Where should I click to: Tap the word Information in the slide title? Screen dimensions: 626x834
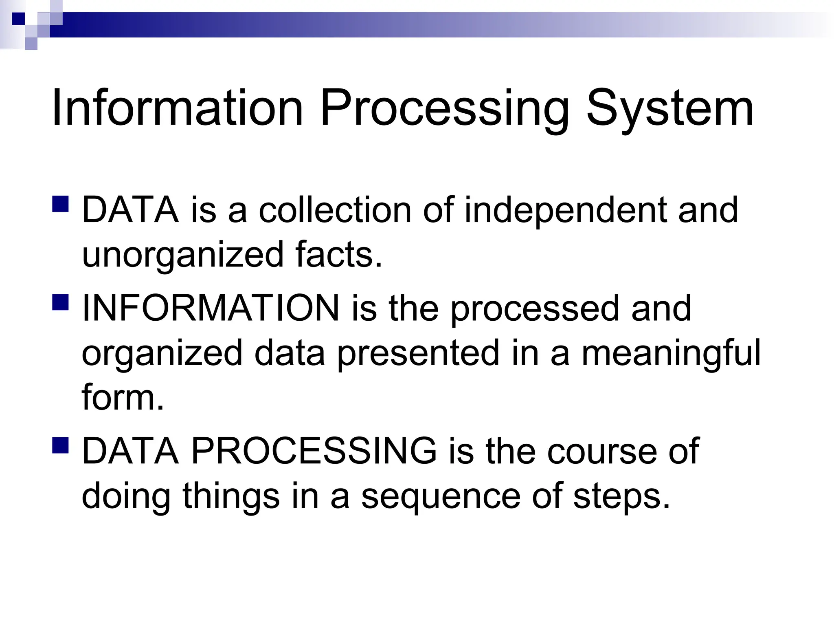[x=177, y=108]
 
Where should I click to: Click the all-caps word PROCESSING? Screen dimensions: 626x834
[x=314, y=452]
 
